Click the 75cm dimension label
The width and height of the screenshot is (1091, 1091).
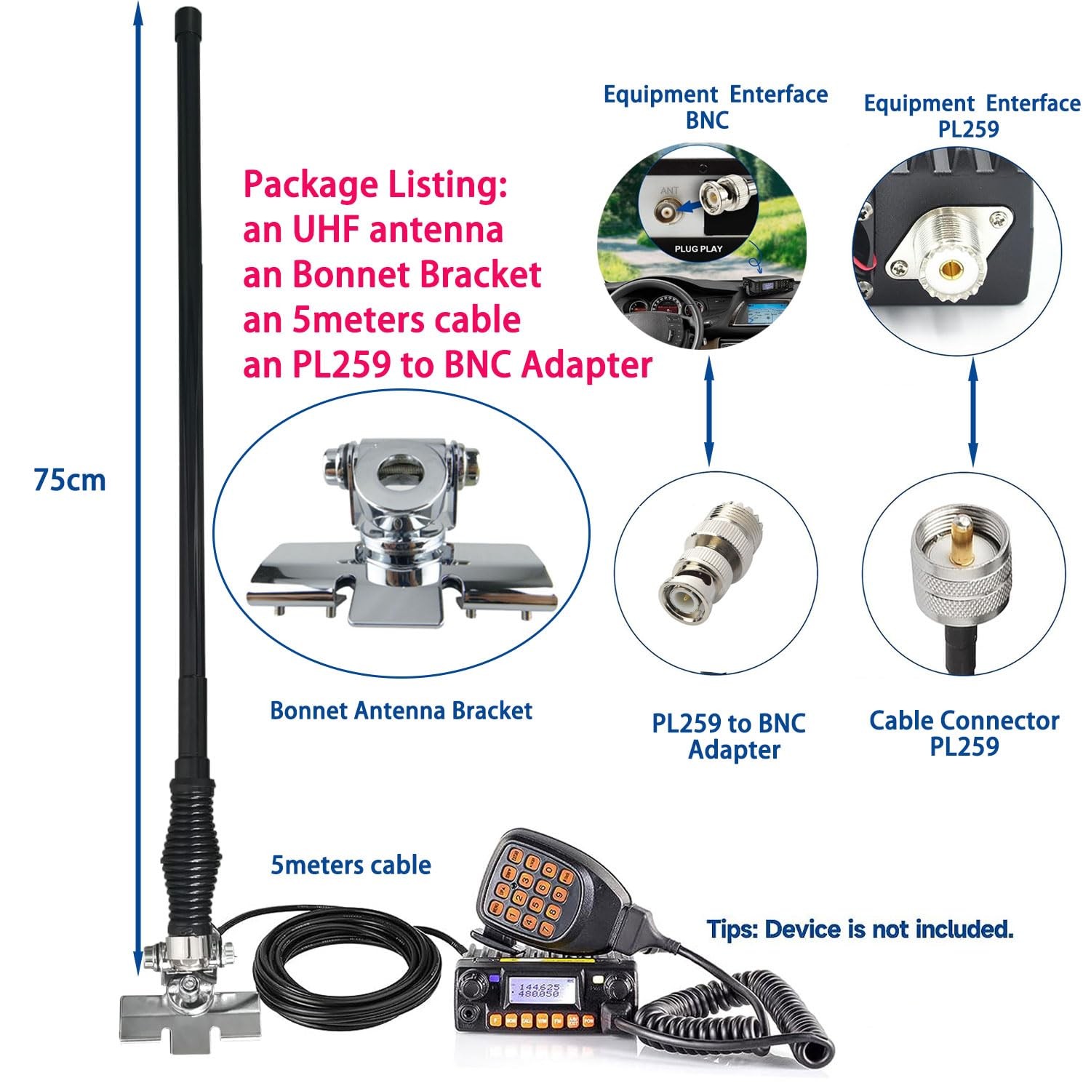70,481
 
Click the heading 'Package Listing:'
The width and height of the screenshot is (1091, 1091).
375,185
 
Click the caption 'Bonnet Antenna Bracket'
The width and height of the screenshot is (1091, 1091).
401,711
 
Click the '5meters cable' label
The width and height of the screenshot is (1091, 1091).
351,865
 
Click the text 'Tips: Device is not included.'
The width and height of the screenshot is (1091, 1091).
860,929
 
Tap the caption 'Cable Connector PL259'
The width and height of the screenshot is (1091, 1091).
964,733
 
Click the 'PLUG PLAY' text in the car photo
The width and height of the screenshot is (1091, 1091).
698,249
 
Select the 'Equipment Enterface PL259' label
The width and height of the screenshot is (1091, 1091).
972,116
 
